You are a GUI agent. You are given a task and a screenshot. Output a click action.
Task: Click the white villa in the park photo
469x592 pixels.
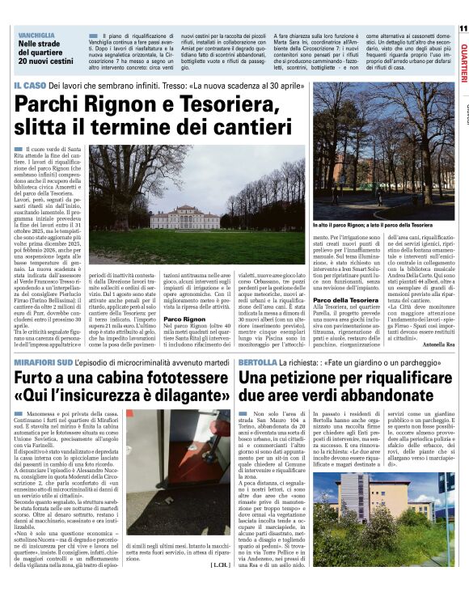click(175, 216)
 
